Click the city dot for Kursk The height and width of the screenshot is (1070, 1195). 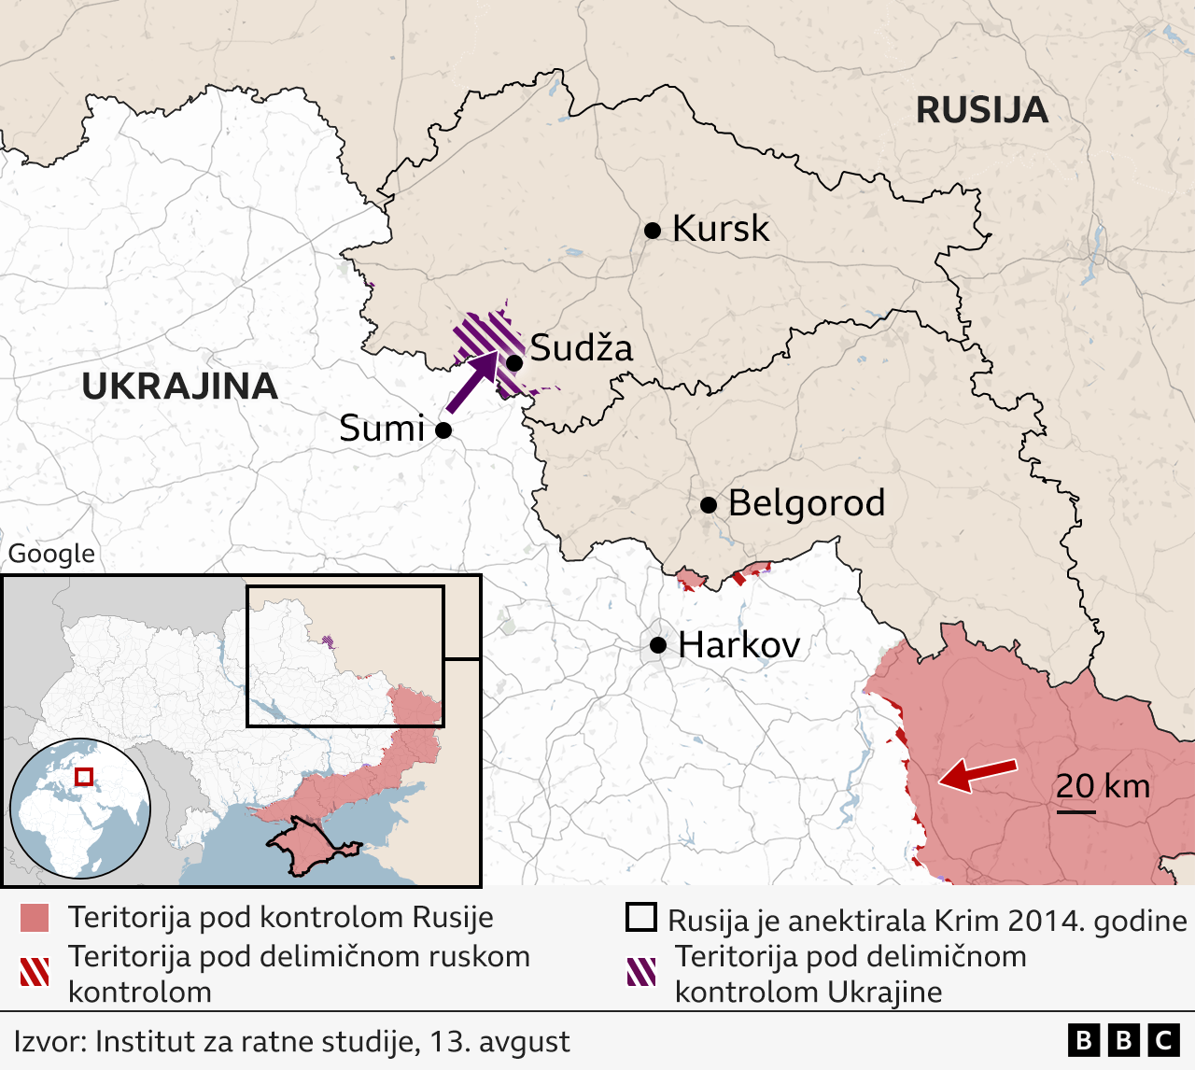(653, 230)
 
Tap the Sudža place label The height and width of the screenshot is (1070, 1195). (582, 348)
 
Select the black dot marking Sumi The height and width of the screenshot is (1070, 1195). (443, 429)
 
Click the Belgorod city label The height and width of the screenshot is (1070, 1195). (806, 503)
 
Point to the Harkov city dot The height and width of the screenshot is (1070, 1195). (658, 644)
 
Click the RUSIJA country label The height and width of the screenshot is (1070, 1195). (981, 110)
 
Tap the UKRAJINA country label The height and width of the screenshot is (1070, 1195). (179, 387)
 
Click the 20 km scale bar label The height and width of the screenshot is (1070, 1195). (1103, 786)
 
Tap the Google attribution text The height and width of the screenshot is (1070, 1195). (51, 554)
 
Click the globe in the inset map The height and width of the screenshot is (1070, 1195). (80, 808)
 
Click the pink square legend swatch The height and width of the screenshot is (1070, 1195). (35, 918)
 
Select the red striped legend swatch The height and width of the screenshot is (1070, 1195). (35, 972)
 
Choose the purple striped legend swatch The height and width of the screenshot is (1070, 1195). (641, 972)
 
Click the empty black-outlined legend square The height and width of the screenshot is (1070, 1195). (641, 918)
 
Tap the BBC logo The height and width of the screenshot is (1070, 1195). (1124, 1040)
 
